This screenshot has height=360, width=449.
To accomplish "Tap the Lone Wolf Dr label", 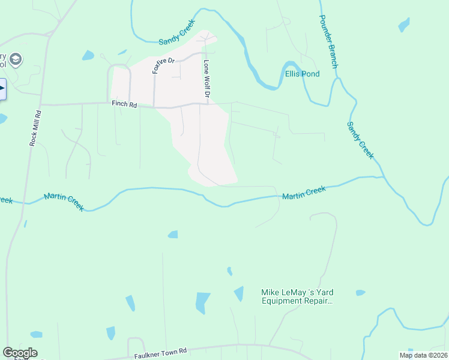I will click(x=207, y=78).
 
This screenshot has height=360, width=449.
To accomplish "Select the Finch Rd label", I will click(x=124, y=104).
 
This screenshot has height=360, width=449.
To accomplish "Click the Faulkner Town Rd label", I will click(x=160, y=352).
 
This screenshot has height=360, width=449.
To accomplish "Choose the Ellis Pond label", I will click(x=302, y=74).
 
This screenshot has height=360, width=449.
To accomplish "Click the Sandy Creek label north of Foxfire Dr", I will click(x=178, y=36).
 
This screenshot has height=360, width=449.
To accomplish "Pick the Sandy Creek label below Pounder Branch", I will click(x=360, y=140).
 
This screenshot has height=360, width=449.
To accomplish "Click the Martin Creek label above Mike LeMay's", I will click(x=304, y=193).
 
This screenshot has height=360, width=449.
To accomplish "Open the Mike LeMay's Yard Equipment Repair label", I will click(x=297, y=297).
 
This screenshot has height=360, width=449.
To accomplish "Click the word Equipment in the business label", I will click(x=286, y=302).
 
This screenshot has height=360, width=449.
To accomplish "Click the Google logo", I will click(x=20, y=353).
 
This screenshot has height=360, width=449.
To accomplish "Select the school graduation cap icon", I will click(x=16, y=59).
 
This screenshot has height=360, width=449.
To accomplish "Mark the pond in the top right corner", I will click(x=404, y=25).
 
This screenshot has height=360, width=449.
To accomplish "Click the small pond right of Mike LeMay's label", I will click(x=360, y=293).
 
